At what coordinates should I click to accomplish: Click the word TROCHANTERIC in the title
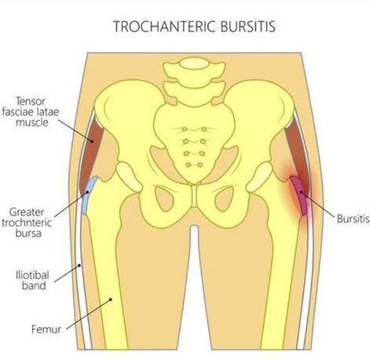click(x=165, y=26)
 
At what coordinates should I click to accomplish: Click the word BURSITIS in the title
click(x=248, y=26)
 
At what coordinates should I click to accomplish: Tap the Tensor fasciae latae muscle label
click(x=31, y=112)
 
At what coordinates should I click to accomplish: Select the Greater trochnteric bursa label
click(x=27, y=222)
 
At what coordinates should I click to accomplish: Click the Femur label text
click(x=46, y=329)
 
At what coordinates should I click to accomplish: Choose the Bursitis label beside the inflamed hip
click(x=353, y=219)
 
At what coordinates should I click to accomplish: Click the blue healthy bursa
click(x=89, y=195)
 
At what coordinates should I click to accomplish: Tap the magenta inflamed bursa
click(x=299, y=195)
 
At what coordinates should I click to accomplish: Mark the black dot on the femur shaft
click(x=111, y=299)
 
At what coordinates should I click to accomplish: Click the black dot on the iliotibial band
click(x=79, y=266)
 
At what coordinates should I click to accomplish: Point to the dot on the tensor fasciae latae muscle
click(x=92, y=141)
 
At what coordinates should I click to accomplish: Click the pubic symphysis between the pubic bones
click(x=194, y=197)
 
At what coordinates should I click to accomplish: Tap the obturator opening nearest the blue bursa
click(x=164, y=198)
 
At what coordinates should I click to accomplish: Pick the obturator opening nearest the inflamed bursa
click(x=224, y=198)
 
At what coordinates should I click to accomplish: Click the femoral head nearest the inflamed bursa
click(x=260, y=177)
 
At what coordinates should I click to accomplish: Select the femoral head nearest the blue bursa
click(x=129, y=177)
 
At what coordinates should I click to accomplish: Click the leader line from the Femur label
click(x=88, y=314)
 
